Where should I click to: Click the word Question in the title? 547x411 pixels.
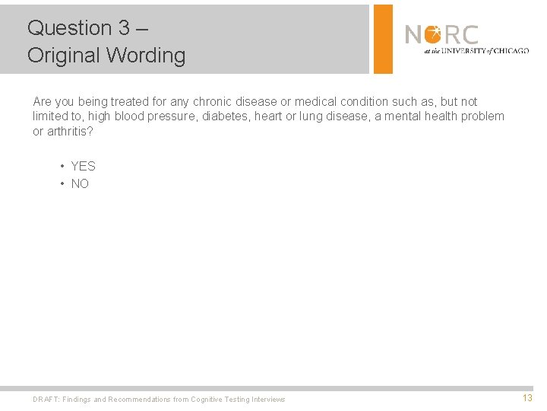(x=70, y=28)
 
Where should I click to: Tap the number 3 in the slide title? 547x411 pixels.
(x=124, y=28)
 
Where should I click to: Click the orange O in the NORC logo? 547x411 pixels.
(x=432, y=35)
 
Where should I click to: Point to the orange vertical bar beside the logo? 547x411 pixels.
(x=383, y=39)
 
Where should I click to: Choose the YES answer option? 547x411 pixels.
(x=83, y=166)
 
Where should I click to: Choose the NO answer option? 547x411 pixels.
(x=80, y=183)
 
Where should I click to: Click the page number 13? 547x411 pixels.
(x=527, y=398)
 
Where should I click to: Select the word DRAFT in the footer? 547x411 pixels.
(x=46, y=400)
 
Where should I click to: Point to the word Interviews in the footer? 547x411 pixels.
(x=268, y=400)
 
